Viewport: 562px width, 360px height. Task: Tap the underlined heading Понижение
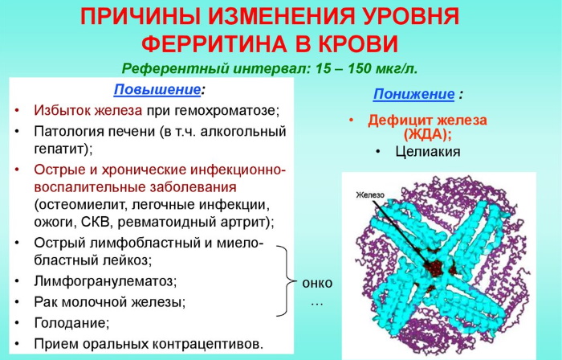[412, 94]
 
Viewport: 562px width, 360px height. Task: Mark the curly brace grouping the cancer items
[284, 280]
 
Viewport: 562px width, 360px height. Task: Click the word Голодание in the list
[71, 323]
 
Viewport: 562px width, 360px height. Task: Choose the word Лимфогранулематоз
[105, 281]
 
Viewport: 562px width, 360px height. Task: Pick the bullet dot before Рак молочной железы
[18, 303]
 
